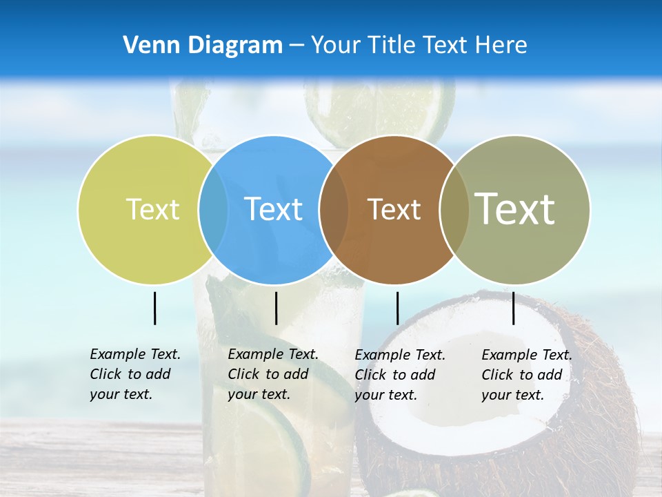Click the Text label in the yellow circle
click(x=152, y=209)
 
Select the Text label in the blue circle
click(x=273, y=209)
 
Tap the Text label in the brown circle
click(x=394, y=209)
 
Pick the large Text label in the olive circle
click(x=514, y=208)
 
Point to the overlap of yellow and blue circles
click(x=213, y=209)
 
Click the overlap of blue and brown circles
click(x=334, y=209)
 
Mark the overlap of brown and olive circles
click(x=454, y=209)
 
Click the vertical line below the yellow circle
click(x=154, y=308)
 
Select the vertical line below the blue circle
click(x=276, y=308)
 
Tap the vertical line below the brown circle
click(x=397, y=308)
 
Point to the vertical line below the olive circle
click(x=513, y=308)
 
